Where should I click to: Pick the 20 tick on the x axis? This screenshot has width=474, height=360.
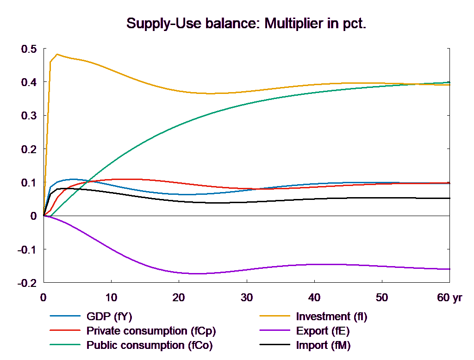pos(179,298)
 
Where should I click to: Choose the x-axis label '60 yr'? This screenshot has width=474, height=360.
pos(449,298)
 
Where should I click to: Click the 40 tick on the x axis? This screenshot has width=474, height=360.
pos(314,298)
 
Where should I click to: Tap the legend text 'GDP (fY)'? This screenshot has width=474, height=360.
pos(109,317)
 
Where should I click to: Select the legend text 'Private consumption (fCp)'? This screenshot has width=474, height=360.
pos(151,331)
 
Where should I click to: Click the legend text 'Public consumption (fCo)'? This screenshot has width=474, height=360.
pos(150,345)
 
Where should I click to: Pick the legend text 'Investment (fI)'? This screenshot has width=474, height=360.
pos(331,317)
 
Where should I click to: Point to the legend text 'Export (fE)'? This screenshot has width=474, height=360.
pos(323,331)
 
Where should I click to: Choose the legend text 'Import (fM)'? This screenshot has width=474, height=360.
pos(323,345)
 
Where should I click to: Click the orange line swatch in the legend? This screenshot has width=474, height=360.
pos(273,317)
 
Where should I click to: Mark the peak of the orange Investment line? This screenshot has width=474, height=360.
pos(57,54)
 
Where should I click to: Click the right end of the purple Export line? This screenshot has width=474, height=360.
pos(450,269)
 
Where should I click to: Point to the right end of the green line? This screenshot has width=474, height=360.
pos(450,82)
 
